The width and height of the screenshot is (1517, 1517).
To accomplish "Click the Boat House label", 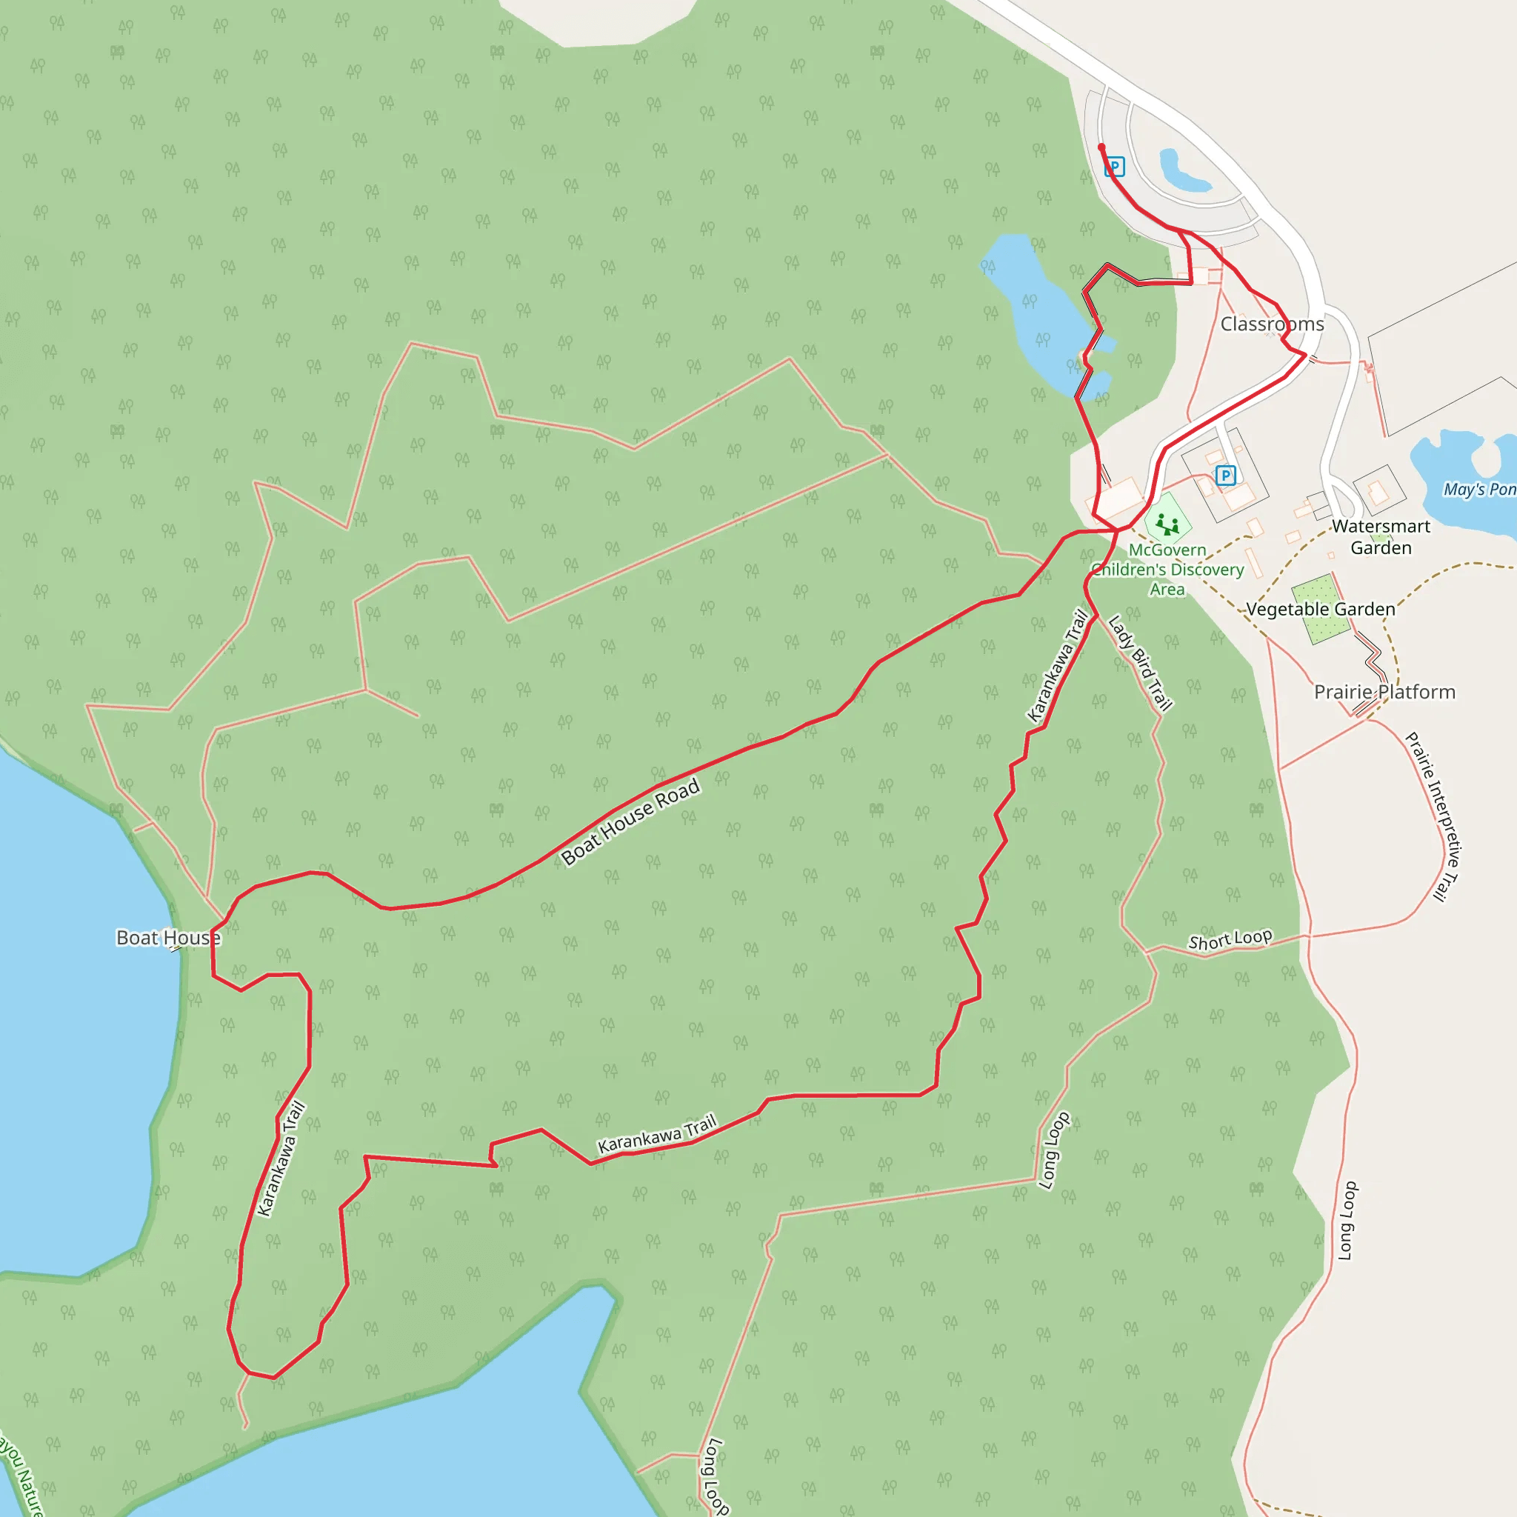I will (x=168, y=938).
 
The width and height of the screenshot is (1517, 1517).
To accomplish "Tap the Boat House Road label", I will (x=630, y=822).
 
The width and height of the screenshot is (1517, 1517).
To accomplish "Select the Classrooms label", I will (x=1272, y=324).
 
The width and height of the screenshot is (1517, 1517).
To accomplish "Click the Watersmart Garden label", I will (x=1381, y=537).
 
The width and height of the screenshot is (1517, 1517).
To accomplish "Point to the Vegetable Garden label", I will (x=1321, y=610).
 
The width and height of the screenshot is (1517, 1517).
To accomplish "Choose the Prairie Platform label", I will (x=1384, y=692).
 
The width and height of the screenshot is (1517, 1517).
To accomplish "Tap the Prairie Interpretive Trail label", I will (x=1434, y=816).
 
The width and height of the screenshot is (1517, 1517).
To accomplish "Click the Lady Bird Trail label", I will (x=1140, y=663).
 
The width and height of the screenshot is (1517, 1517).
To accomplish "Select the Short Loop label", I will (x=1230, y=940).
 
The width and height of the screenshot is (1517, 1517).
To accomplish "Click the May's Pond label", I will (x=1479, y=489).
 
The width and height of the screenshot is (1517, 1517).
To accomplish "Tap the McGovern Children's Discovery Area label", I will (x=1167, y=570).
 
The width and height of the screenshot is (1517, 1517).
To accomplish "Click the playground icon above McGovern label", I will (x=1167, y=523).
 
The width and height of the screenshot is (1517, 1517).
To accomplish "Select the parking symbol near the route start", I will (x=1114, y=167).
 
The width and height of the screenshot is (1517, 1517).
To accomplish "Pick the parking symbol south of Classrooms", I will (x=1225, y=475).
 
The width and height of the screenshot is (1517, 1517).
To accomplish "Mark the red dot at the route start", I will (x=1101, y=147).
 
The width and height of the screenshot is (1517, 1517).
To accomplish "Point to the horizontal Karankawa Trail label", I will (x=657, y=1135).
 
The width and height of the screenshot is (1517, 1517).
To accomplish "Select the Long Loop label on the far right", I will (x=1347, y=1221).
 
